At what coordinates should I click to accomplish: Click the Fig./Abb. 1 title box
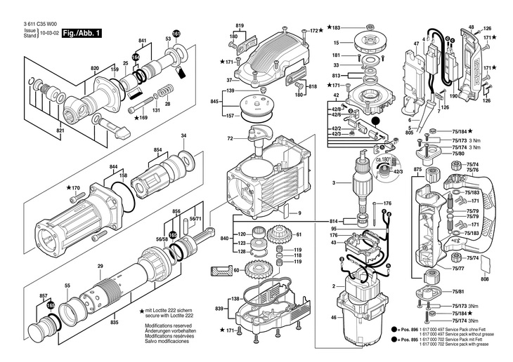click(x=82, y=33)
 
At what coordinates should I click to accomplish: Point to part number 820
click(x=95, y=68)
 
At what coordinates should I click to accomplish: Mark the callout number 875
click(x=417, y=170)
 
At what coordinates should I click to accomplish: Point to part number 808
click(x=484, y=279)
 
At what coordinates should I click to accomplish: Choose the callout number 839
click(x=219, y=309)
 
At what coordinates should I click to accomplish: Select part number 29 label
click(x=100, y=267)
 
